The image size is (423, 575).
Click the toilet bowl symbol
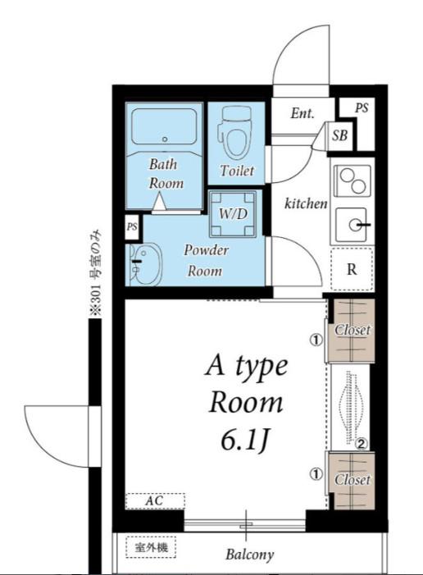click(x=234, y=132)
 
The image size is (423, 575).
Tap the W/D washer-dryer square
click(x=233, y=214)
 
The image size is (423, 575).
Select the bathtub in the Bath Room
click(x=164, y=126)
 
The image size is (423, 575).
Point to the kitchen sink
click(x=351, y=225)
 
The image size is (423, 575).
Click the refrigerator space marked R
click(x=352, y=270)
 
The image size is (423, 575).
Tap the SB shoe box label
click(x=339, y=135)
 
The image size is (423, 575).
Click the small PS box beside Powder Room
click(x=132, y=227)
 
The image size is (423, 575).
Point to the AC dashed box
click(x=155, y=501)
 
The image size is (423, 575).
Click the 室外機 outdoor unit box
click(x=151, y=547)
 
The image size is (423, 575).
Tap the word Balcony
click(x=250, y=554)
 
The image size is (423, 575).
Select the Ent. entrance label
click(x=302, y=113)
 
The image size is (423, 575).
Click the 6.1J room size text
click(x=245, y=440)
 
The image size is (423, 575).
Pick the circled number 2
click(x=361, y=444)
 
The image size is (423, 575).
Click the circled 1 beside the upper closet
click(x=316, y=340)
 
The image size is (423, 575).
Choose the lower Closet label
click(x=352, y=479)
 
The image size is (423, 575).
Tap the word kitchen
click(x=306, y=203)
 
